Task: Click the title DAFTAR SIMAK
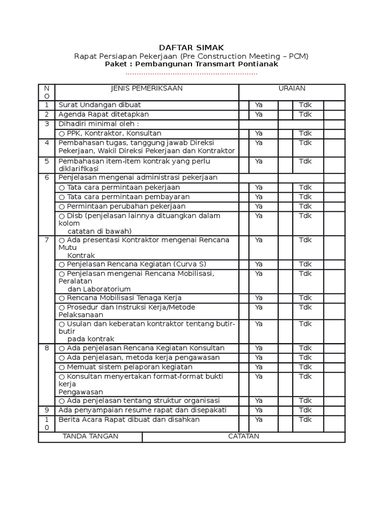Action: (191, 47)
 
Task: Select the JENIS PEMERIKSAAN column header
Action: (147, 89)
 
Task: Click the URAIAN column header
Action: (292, 89)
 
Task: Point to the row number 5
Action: (46, 161)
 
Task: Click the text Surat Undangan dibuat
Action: (100, 105)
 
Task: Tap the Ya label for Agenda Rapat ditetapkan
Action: (259, 115)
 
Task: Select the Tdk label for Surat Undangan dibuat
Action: (305, 105)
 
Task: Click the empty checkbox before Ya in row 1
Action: (244, 105)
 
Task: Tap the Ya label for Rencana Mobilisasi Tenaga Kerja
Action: (259, 298)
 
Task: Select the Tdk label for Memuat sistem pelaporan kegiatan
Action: (305, 367)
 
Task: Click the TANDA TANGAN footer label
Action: (90, 437)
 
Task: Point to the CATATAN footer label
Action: (243, 437)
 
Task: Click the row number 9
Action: (46, 410)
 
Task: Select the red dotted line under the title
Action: (191, 74)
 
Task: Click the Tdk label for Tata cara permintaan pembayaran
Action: (305, 197)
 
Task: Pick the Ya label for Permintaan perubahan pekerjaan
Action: (259, 206)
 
